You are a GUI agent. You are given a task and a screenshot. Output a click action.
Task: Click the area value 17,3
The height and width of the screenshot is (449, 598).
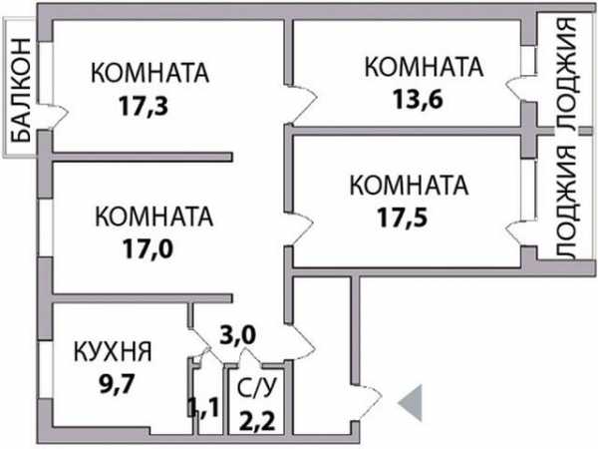coord(144,106)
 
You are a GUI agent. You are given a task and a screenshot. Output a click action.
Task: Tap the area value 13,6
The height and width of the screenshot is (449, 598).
coord(418,99)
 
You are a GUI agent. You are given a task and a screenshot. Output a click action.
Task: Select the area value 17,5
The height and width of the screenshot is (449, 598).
coord(403,218)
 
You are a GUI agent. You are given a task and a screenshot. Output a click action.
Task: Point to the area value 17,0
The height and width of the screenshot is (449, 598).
coord(148,248)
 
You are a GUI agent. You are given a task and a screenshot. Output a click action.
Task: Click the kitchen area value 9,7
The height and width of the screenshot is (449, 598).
coord(117,384)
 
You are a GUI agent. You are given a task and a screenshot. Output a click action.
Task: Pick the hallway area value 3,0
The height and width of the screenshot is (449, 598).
coord(237,335)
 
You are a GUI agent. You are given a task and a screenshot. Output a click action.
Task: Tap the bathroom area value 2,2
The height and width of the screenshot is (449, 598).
coord(257,421)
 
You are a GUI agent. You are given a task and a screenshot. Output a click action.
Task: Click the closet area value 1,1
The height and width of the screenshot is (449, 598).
coord(203,407)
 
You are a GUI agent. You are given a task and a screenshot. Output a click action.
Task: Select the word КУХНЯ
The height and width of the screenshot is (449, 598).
coord(113,351)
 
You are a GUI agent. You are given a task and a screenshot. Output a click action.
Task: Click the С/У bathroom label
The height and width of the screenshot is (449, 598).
coord(256,388)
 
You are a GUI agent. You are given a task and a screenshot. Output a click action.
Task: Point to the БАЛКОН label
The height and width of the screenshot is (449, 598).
coord(20,90)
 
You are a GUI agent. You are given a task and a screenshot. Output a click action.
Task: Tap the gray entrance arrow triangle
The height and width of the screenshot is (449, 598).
coord(411,403)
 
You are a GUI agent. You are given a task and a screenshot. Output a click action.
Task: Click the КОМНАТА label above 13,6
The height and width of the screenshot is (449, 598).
coord(425,67)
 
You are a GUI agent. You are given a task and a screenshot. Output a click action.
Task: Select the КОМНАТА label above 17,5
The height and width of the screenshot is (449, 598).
coord(409,186)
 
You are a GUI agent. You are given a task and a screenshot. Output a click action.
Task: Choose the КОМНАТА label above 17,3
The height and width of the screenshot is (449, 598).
coord(149,73)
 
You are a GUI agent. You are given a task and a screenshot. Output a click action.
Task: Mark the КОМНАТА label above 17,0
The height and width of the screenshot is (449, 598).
coord(153,217)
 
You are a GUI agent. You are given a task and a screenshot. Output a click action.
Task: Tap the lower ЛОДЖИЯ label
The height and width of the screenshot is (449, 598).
coord(567,203)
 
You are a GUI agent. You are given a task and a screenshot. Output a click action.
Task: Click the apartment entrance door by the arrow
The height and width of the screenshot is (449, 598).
coord(367,402)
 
